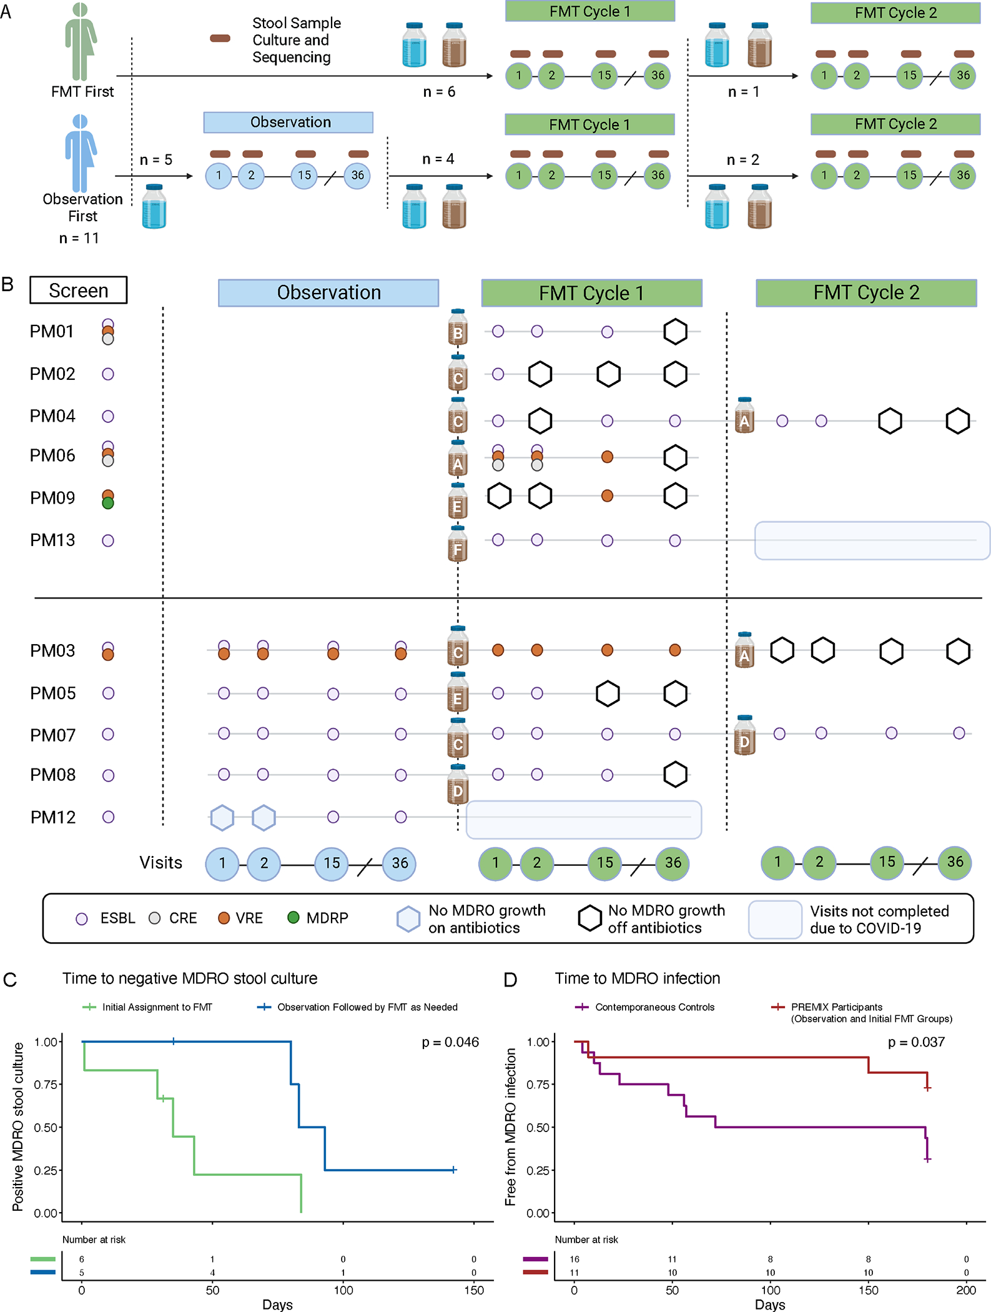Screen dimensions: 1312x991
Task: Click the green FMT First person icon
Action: coord(81,42)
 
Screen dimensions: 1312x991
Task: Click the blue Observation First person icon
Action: coord(81,153)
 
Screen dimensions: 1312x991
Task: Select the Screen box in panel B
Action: coord(79,291)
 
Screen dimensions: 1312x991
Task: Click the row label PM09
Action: coord(52,498)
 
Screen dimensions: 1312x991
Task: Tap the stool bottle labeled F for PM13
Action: coord(458,544)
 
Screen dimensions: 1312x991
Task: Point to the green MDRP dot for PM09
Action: coord(108,503)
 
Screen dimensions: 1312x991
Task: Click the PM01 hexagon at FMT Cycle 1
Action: coord(675,332)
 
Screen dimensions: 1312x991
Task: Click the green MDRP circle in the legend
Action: coord(293,917)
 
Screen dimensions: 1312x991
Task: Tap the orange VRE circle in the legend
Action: coord(224,918)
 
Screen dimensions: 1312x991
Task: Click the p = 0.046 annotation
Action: coord(450,1042)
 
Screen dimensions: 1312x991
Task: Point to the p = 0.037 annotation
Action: coord(916,1042)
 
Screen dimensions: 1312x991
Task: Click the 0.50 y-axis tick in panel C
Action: coord(46,1127)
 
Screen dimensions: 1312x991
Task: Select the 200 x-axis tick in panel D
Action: coord(965,1290)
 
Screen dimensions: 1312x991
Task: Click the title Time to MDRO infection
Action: coord(638,978)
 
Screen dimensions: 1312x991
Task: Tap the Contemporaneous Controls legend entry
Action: coord(654,1007)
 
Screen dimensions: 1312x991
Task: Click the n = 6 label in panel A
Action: coord(439,92)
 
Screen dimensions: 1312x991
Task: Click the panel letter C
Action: coord(10,980)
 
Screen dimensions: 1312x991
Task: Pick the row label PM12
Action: coord(53,817)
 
